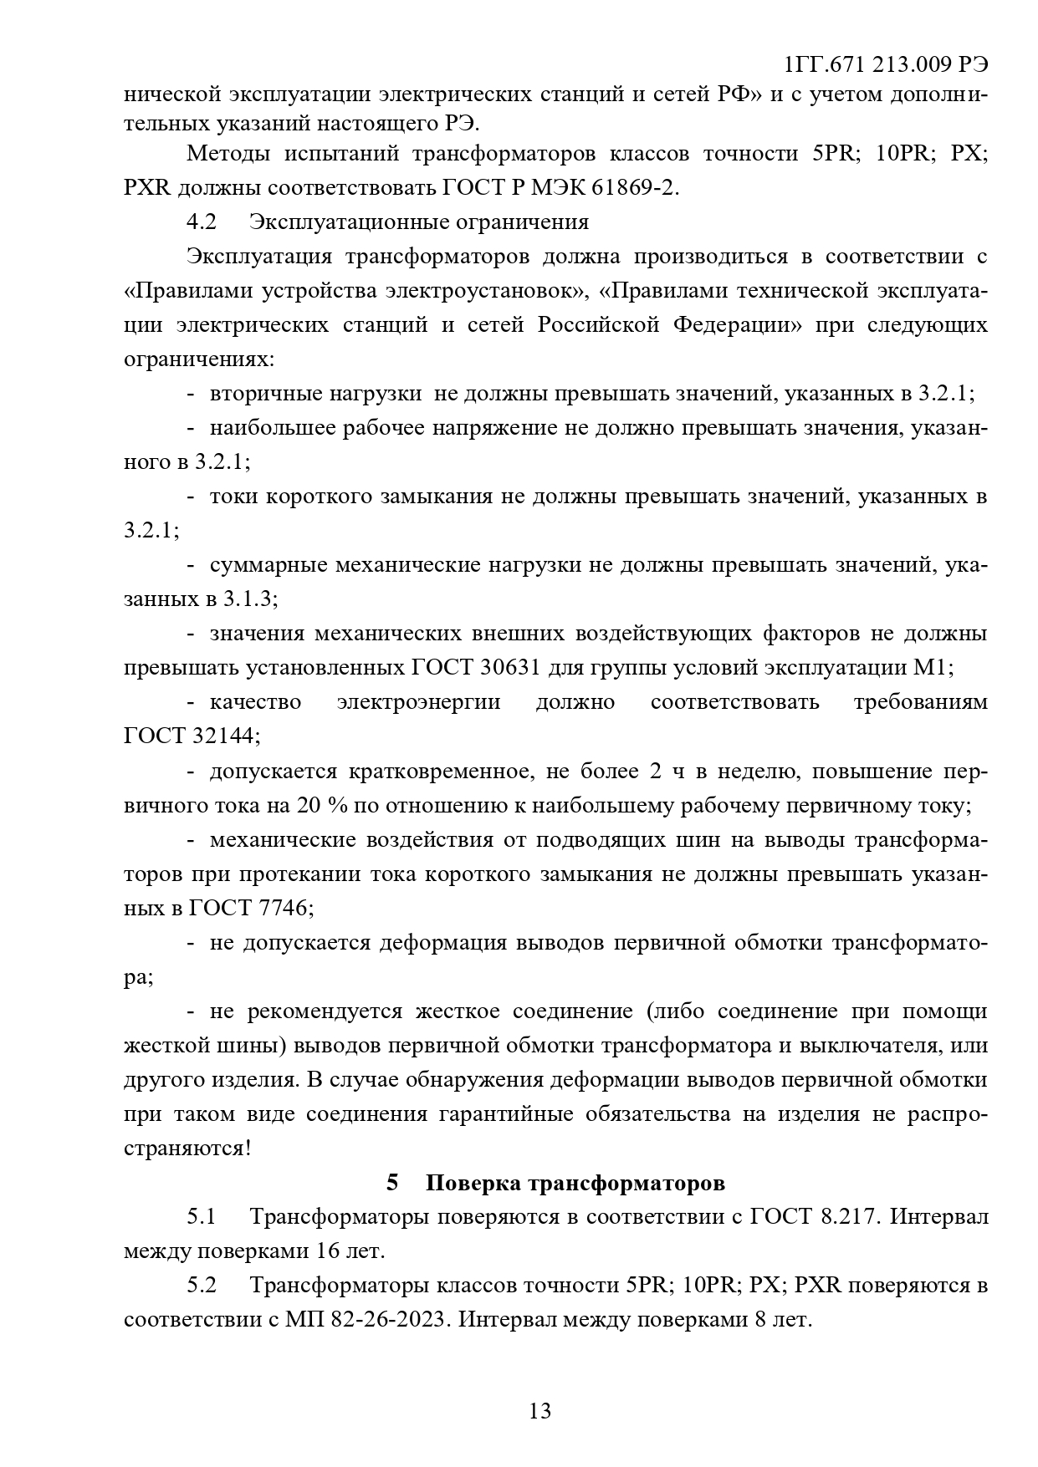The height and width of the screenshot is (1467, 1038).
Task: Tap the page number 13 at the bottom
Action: [540, 1411]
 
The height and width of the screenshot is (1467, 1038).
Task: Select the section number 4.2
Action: [202, 222]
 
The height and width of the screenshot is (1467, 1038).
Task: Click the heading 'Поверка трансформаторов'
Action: [575, 1183]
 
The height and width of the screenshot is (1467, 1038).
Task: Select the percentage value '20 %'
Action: [316, 806]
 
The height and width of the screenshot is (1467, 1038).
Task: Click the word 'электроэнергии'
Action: [418, 702]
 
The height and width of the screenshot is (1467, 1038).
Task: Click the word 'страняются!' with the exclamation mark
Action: [187, 1148]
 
